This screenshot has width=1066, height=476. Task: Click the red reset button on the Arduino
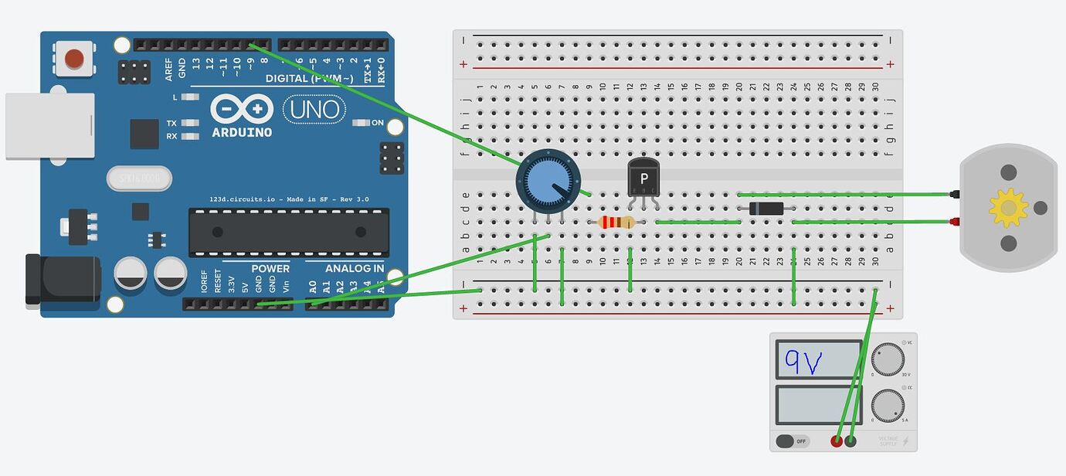(74, 59)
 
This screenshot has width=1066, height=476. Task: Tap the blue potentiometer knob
(547, 180)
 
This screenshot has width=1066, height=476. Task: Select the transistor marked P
(643, 177)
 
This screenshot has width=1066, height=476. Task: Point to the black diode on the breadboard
(766, 208)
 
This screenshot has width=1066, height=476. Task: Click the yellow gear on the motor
(1008, 208)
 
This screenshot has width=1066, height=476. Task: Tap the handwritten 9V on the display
(804, 360)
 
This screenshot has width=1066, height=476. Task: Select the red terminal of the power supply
(837, 441)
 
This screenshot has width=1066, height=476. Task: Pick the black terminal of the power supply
(850, 441)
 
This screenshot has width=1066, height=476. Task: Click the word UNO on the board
(314, 110)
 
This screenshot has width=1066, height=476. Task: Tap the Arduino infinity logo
(242, 109)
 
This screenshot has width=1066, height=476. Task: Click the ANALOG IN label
(354, 269)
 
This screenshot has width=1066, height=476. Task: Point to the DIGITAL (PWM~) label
(309, 79)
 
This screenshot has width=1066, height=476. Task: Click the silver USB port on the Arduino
(49, 126)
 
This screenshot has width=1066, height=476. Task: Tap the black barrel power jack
(62, 279)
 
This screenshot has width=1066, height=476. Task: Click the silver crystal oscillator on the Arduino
(139, 178)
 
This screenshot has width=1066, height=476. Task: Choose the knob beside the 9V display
(888, 360)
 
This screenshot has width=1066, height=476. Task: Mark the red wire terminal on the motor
(955, 223)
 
